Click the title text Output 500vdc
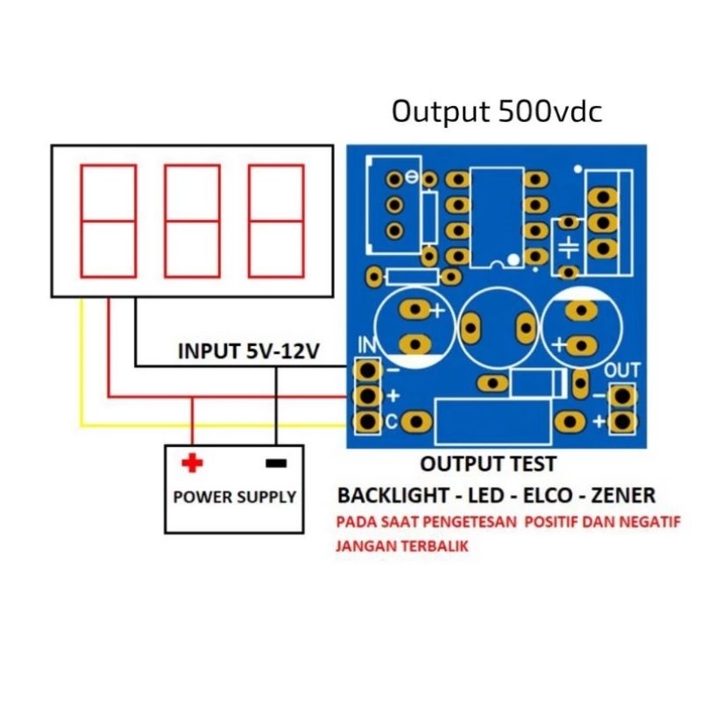click(497, 112)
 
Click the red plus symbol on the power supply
click(191, 462)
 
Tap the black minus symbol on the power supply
click(276, 463)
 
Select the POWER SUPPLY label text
click(234, 497)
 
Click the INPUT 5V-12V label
click(249, 351)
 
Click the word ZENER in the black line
click(623, 496)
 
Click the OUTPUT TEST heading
click(488, 464)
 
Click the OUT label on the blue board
click(623, 370)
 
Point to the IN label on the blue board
click(366, 344)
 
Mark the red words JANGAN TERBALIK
click(401, 545)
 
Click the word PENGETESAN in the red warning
click(474, 522)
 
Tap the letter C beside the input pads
click(392, 422)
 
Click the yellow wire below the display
click(81, 368)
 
